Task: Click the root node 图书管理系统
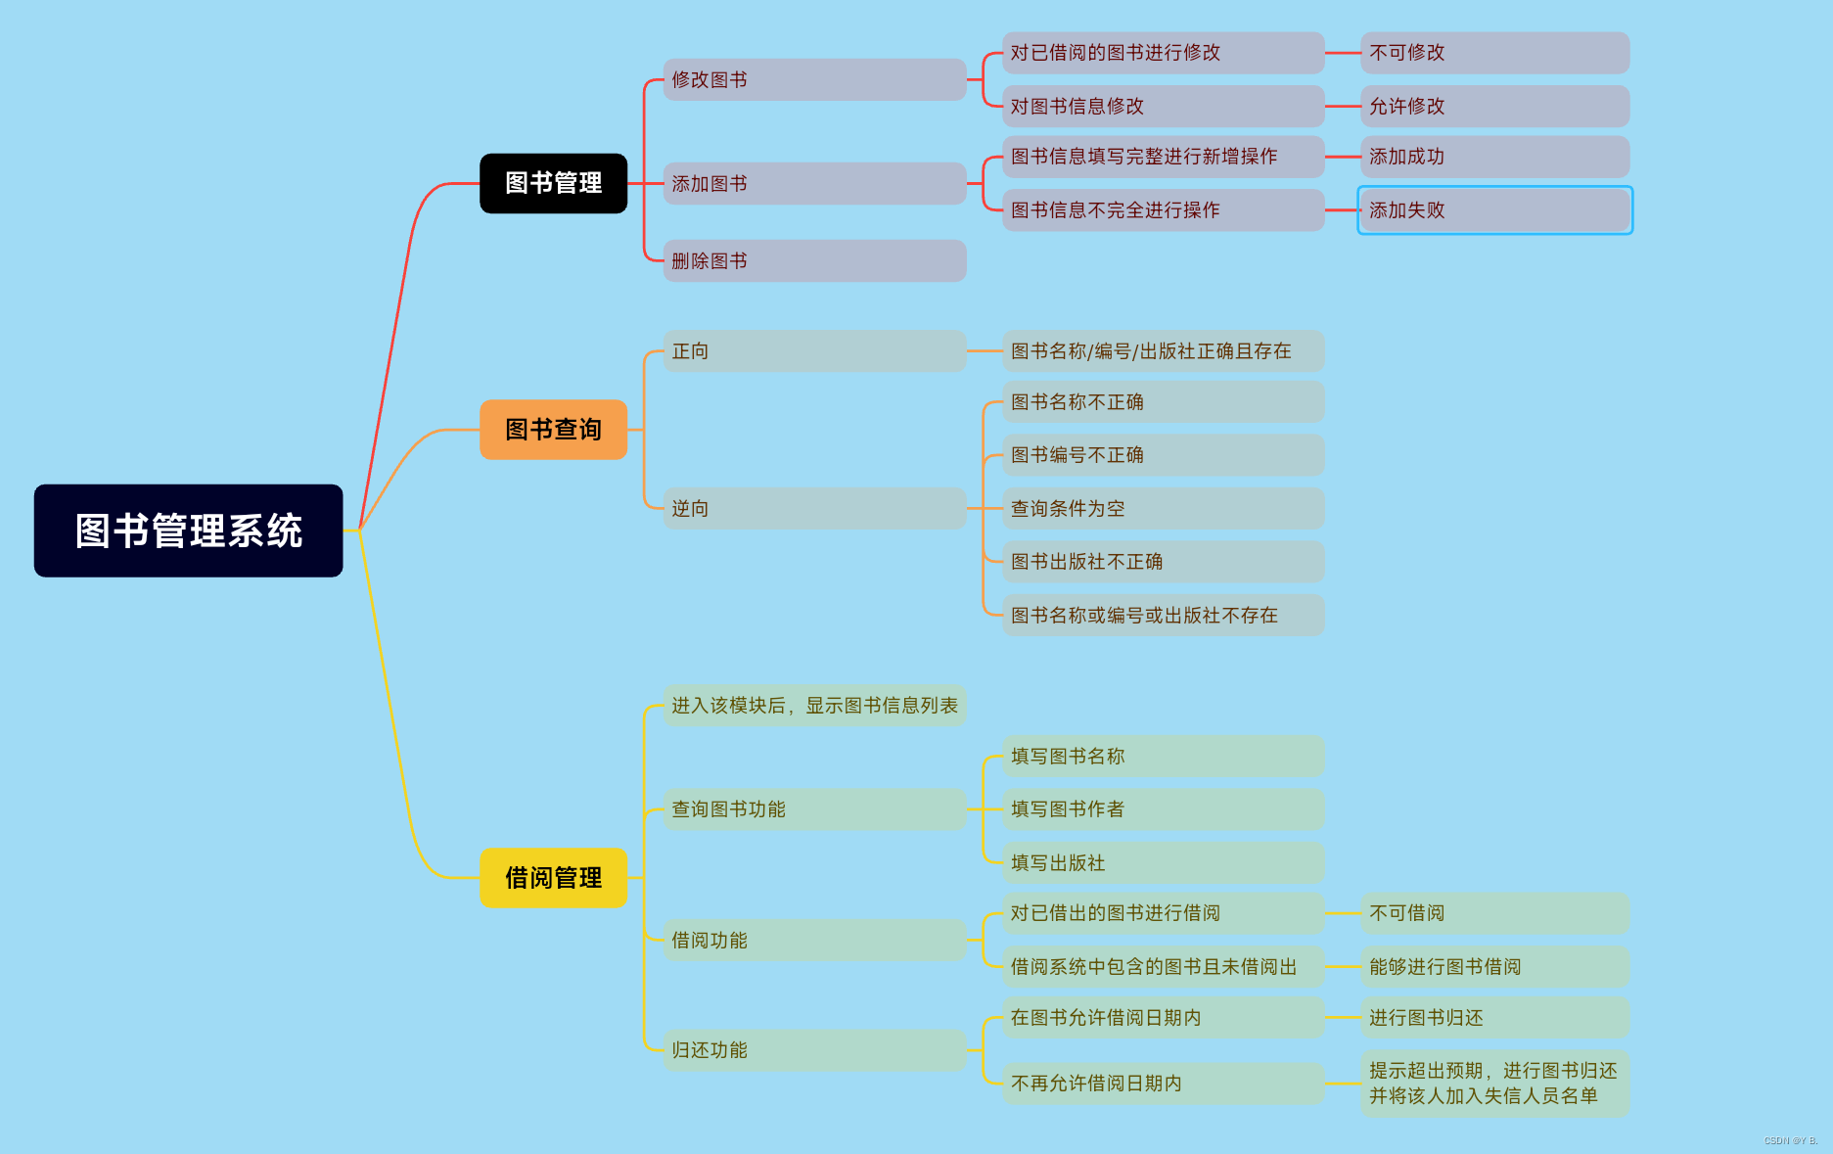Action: tap(188, 531)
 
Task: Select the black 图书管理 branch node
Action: tap(553, 183)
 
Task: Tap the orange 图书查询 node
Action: tap(553, 429)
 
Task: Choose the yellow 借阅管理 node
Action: tap(553, 877)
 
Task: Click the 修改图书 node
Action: tap(814, 79)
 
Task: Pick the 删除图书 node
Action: tap(814, 260)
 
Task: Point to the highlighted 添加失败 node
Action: tap(1494, 209)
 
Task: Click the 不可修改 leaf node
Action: tap(1494, 53)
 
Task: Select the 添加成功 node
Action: tap(1494, 157)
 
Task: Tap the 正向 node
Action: tap(814, 350)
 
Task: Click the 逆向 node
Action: tap(814, 508)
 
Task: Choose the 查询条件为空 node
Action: tap(1163, 508)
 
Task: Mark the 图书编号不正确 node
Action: tap(1163, 455)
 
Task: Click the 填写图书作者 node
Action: tap(1163, 809)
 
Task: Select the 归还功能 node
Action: tap(814, 1049)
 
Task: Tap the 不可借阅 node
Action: tap(1494, 913)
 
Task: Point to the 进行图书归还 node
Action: tap(1494, 1018)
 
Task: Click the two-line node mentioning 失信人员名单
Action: tap(1494, 1083)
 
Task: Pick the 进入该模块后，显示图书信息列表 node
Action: tap(814, 706)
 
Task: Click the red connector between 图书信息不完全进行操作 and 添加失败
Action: tap(1342, 209)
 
